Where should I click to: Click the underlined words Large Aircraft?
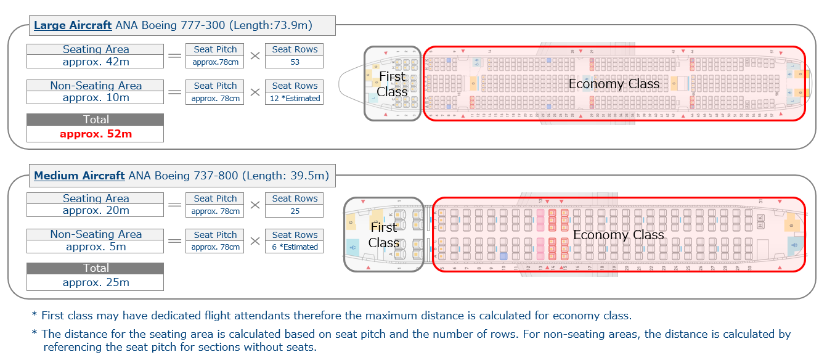tap(73, 25)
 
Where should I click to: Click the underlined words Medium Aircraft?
tap(79, 176)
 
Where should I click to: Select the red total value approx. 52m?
tap(96, 134)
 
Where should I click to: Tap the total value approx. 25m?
tap(96, 282)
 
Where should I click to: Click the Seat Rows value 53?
tap(295, 62)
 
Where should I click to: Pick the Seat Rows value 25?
tap(295, 211)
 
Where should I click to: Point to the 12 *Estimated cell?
tap(295, 98)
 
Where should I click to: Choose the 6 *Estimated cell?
tap(295, 247)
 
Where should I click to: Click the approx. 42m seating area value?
tap(96, 62)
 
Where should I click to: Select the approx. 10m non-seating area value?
tap(96, 97)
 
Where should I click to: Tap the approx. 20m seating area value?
tap(96, 210)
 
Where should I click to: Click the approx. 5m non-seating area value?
tap(96, 247)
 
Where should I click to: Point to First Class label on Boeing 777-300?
tap(392, 84)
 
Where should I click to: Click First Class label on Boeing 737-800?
tap(383, 235)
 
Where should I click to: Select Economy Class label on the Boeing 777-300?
tap(614, 84)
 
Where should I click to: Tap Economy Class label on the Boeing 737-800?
tap(618, 235)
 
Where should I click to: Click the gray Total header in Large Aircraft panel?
tap(96, 120)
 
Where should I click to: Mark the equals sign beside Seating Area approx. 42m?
tap(175, 56)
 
